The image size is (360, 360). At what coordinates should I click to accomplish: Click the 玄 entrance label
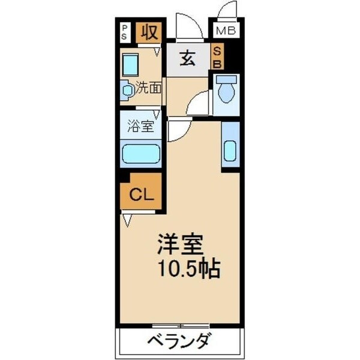click(187, 59)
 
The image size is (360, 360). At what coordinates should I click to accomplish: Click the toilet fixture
click(226, 90)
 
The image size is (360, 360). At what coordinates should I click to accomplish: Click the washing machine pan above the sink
click(130, 64)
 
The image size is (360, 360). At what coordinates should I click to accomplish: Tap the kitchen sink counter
click(230, 146)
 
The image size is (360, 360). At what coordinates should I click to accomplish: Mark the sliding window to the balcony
click(179, 325)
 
